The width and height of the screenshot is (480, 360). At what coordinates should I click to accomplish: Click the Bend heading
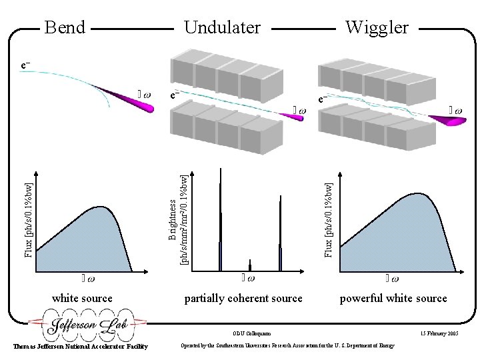[x=65, y=27]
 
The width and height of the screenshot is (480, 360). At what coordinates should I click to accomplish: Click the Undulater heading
[x=222, y=27]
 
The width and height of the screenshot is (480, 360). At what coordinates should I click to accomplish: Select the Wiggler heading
[x=376, y=27]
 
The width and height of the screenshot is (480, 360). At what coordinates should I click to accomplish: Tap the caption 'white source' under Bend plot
[x=82, y=298]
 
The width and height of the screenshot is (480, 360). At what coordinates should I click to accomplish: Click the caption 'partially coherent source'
[x=243, y=298]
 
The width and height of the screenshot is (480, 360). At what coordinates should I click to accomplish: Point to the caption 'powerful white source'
[x=393, y=298]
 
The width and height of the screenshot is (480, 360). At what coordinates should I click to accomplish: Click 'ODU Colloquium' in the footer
[x=252, y=333]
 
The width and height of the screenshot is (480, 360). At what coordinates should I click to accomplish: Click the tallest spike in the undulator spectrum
[x=219, y=220]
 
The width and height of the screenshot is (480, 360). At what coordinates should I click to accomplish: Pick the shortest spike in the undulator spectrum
[x=250, y=265]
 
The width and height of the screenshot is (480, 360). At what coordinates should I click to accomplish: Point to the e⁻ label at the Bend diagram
[x=25, y=65]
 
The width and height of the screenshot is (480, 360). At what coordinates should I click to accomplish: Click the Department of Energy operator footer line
[x=287, y=345]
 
